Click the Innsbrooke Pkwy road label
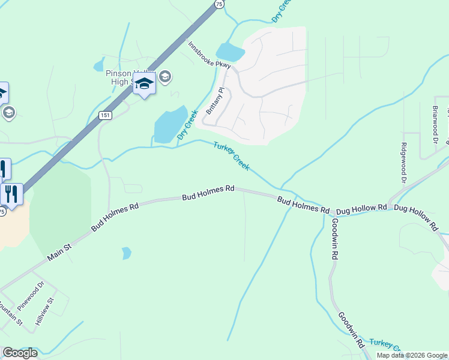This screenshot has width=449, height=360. (209, 55)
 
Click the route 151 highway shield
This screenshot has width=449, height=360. (106, 115)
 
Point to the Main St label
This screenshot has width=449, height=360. (59, 253)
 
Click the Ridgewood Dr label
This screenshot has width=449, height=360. (404, 163)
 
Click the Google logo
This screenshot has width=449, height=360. (20, 353)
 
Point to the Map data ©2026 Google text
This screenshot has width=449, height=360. (412, 355)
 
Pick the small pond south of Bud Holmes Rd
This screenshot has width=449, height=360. (126, 253)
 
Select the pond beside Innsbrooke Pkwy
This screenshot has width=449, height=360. (231, 52)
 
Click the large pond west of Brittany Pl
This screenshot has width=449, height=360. (169, 125)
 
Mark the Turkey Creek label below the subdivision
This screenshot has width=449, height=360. (231, 156)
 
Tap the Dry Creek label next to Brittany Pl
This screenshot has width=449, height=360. (188, 124)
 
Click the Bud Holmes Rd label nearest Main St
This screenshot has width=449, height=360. (115, 217)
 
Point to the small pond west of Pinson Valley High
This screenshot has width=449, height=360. (99, 65)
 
